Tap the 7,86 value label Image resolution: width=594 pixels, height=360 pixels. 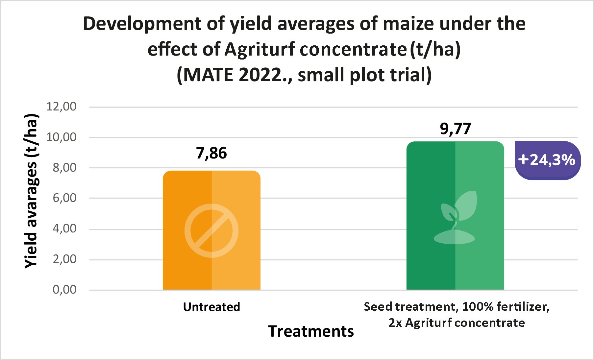tap(211, 153)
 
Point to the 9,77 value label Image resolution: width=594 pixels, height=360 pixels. tap(456, 129)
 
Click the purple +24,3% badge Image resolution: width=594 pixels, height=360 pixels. tap(547, 160)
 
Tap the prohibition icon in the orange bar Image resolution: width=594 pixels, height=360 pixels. tap(211, 230)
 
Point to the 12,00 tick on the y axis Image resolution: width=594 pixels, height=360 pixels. tap(62, 107)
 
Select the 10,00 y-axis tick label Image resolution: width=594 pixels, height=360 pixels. tap(62, 137)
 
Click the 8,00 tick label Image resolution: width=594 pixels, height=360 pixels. tap(64, 168)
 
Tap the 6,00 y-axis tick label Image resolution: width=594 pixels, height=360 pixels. tap(64, 198)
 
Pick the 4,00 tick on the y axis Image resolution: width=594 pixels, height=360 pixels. tap(64, 228)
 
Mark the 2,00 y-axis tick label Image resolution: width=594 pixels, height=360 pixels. tap(64, 259)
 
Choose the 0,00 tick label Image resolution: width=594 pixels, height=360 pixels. tap(64, 290)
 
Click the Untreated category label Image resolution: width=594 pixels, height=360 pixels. tap(211, 307)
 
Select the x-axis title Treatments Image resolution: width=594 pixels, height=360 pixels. tap(311, 331)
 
